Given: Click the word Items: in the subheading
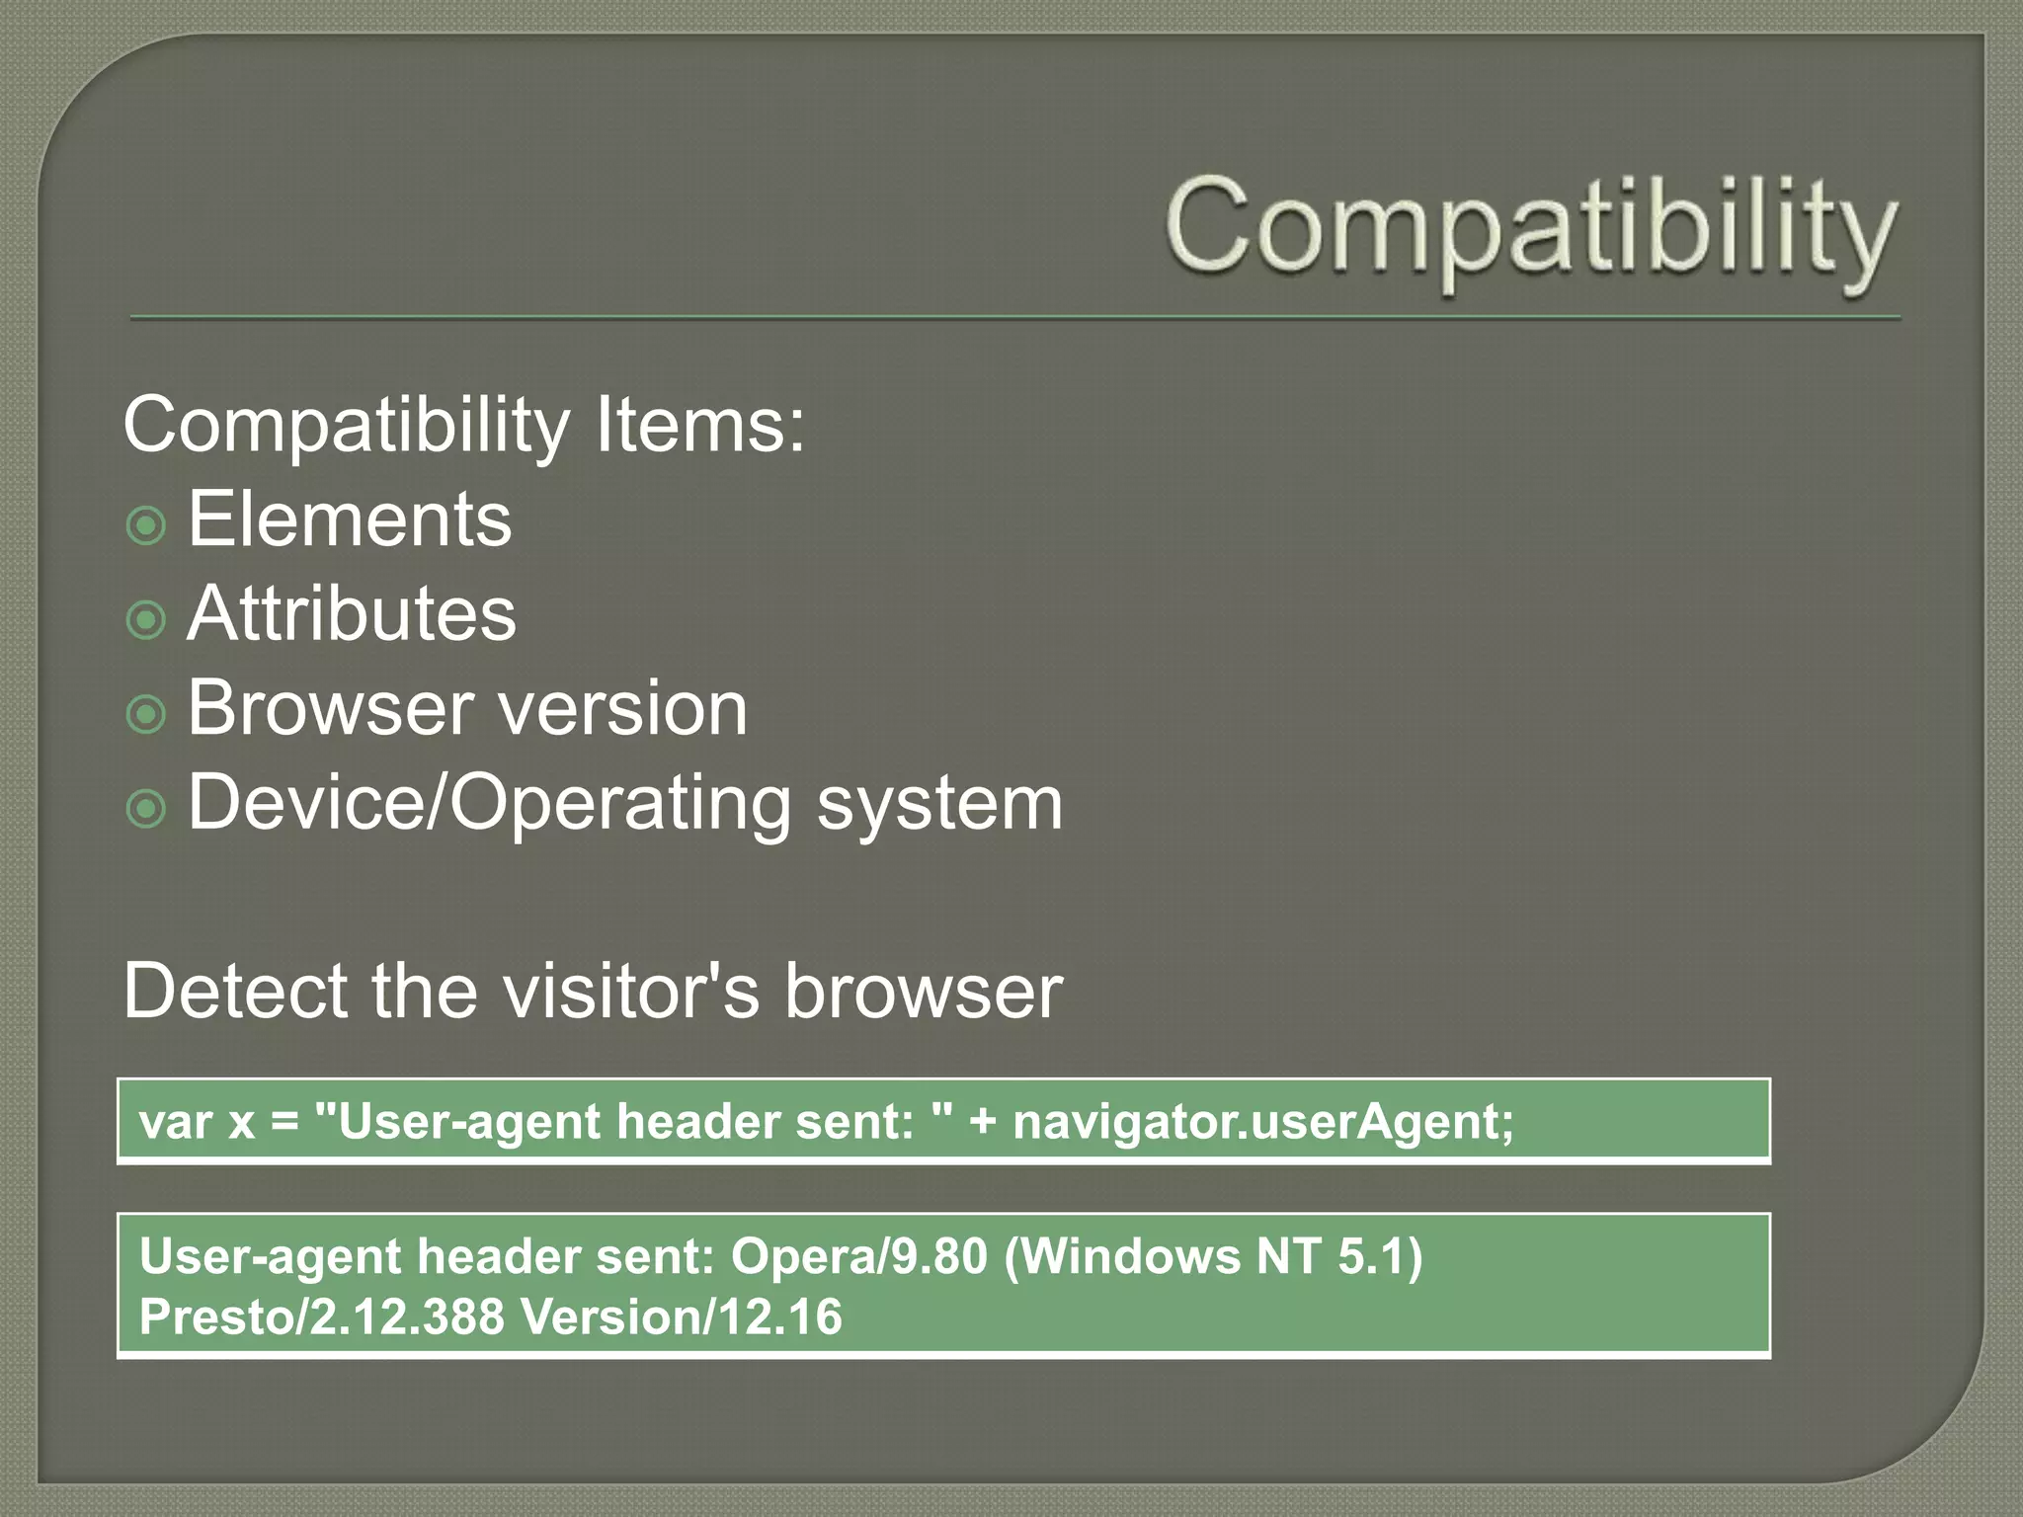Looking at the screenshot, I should [700, 425].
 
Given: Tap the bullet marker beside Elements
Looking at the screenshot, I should [146, 525].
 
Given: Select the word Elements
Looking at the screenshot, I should [350, 519].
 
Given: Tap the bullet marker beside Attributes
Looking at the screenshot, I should [146, 620].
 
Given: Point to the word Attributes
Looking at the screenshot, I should [352, 613].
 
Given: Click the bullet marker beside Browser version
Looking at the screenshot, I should [146, 714].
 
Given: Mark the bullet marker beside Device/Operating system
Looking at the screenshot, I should [146, 809].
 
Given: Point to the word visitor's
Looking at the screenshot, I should [632, 991].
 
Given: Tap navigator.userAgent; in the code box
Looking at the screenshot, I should [1263, 1122].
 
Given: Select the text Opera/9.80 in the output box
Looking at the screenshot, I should [858, 1256].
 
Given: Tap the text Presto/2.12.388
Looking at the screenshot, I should [322, 1317].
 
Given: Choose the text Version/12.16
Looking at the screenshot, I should [682, 1317].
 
